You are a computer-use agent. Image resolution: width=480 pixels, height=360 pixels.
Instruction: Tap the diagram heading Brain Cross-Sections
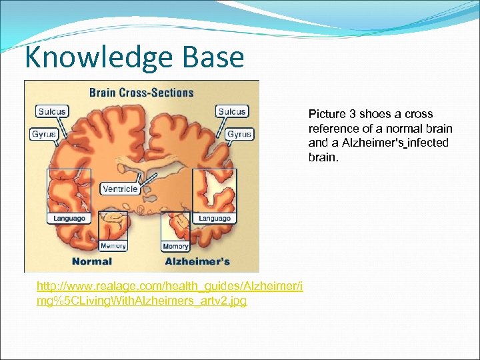click(141, 93)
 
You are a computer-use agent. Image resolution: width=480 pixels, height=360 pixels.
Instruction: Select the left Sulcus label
click(53, 111)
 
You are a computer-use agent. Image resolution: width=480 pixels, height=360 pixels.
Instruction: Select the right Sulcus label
click(231, 111)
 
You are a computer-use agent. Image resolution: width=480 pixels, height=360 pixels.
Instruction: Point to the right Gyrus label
click(239, 134)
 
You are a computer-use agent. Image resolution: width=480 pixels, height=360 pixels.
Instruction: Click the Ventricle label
click(120, 189)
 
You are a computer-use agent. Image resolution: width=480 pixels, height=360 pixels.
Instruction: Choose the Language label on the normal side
click(69, 218)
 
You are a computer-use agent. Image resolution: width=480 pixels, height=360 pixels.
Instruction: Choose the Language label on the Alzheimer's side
click(215, 218)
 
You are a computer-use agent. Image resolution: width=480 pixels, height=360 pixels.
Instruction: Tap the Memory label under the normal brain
click(113, 246)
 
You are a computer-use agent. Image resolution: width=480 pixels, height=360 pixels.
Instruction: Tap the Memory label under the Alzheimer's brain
click(175, 246)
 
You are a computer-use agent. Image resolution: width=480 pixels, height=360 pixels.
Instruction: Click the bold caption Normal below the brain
click(92, 261)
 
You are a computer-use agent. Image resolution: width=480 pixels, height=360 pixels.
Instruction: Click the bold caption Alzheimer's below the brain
click(197, 261)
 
